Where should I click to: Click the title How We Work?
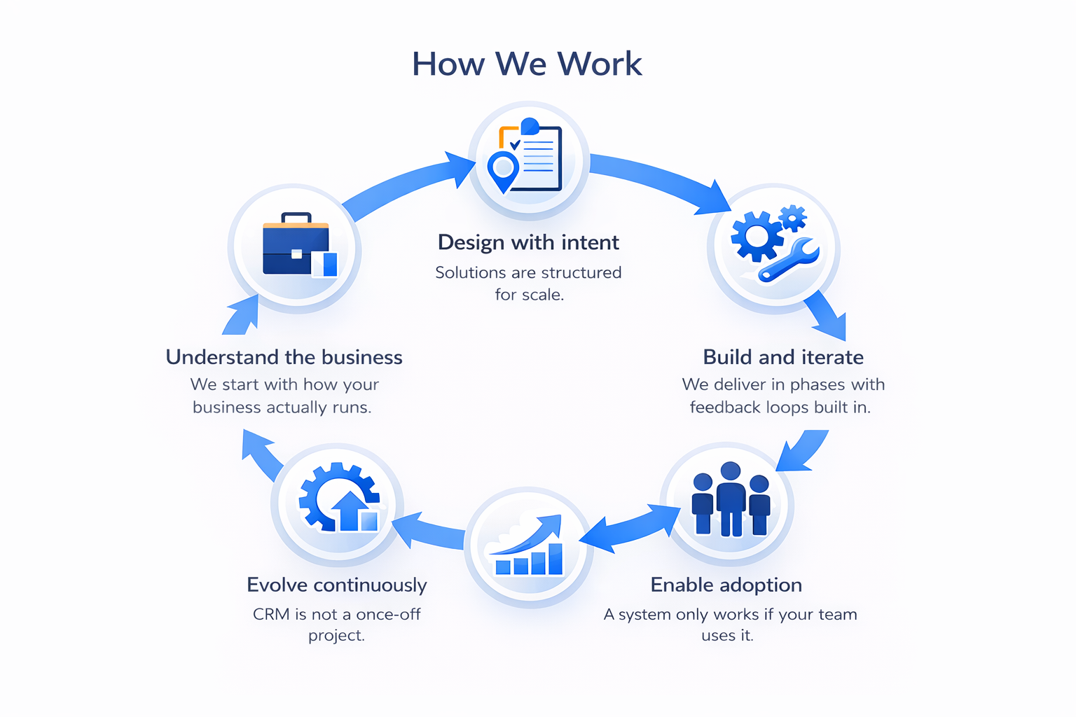click(527, 64)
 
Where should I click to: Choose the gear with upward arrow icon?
click(339, 499)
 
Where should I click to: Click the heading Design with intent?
click(528, 242)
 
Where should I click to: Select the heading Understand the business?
click(284, 357)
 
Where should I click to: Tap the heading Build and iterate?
click(783, 357)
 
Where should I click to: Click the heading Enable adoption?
click(726, 585)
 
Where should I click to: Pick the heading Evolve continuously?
click(337, 585)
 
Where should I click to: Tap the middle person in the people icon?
click(731, 497)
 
